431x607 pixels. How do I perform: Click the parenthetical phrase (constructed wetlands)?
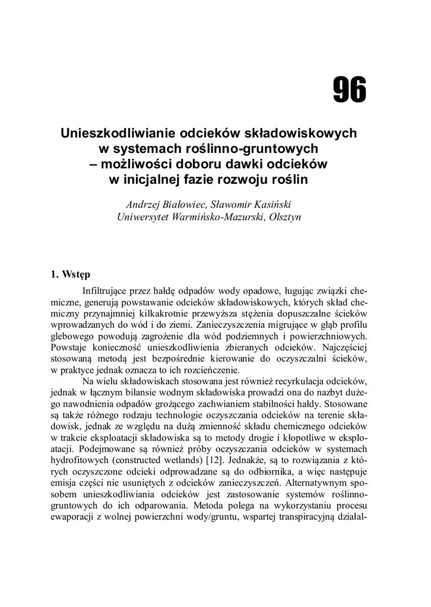(x=157, y=460)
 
